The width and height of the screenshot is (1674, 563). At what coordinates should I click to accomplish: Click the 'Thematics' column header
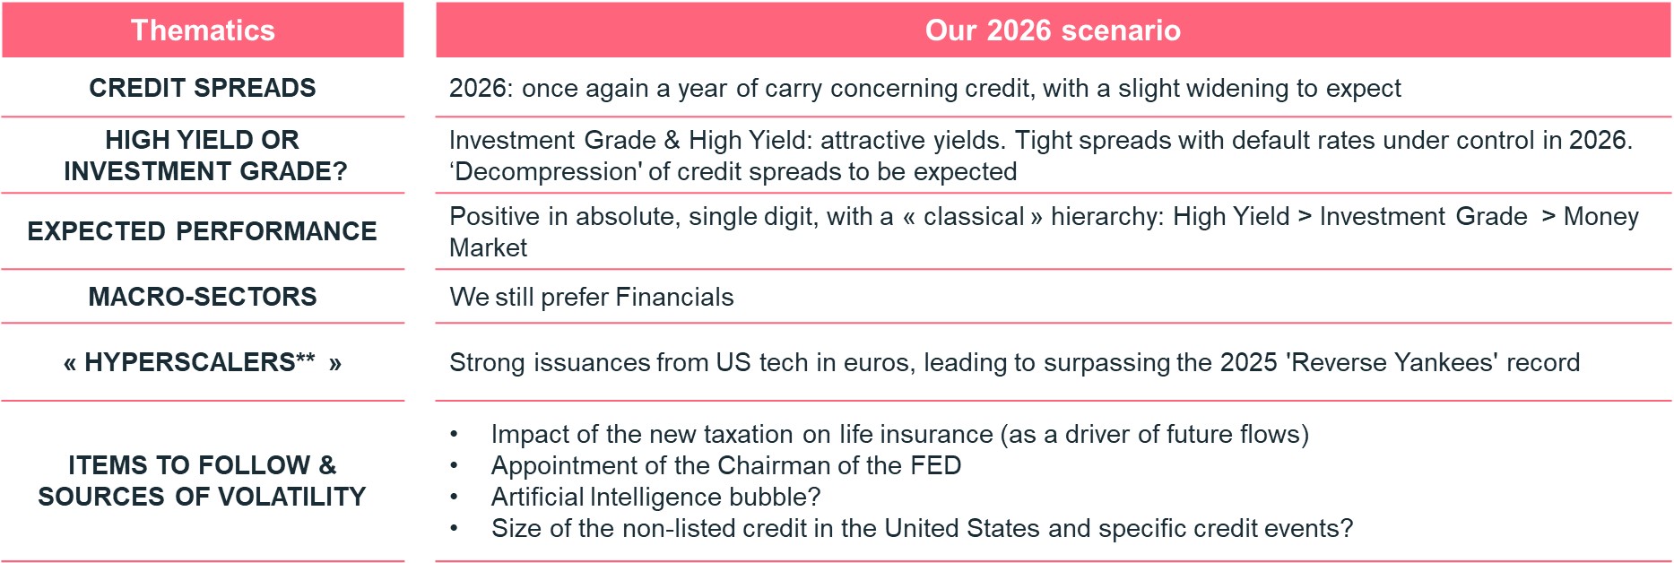pyautogui.click(x=203, y=30)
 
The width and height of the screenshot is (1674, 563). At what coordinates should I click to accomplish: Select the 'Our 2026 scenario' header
pyautogui.click(x=1053, y=30)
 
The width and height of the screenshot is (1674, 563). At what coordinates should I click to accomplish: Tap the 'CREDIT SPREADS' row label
pyautogui.click(x=203, y=88)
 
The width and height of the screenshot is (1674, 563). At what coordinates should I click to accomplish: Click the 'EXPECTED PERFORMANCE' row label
pyautogui.click(x=203, y=231)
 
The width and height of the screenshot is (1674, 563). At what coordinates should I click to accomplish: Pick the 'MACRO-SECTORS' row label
pyautogui.click(x=203, y=297)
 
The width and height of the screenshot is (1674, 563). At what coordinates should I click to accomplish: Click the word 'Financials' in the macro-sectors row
pyautogui.click(x=674, y=298)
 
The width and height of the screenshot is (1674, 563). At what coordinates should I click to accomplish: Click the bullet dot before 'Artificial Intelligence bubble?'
pyautogui.click(x=455, y=498)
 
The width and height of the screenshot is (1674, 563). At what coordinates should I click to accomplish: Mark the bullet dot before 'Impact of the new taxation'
pyautogui.click(x=455, y=435)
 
